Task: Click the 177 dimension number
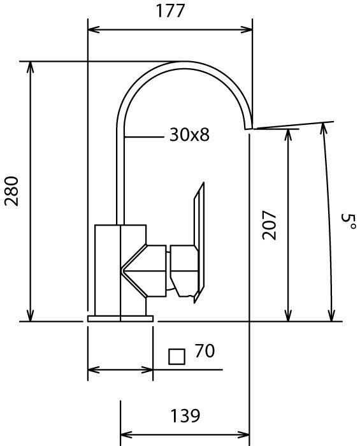[170, 11]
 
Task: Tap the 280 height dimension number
[11, 191]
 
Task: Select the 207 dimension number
[269, 226]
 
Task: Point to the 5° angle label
[349, 222]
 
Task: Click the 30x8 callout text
[189, 134]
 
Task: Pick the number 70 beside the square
[205, 350]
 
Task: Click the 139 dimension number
[185, 415]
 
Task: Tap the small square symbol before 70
[176, 357]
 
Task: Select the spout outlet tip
[248, 128]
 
